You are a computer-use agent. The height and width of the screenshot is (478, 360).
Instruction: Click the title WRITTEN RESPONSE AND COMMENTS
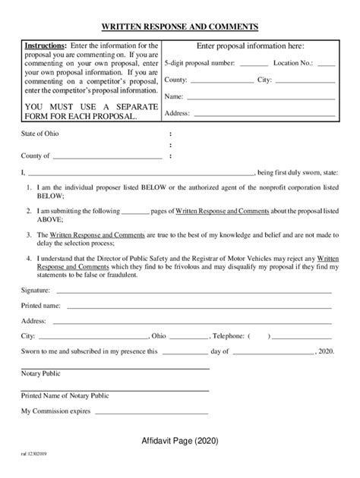tap(180, 27)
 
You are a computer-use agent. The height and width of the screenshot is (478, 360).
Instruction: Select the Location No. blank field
tap(326, 64)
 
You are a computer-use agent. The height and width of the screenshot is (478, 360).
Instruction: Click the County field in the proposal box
tap(219, 80)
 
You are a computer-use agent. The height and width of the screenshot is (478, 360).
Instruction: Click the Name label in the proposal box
tap(174, 96)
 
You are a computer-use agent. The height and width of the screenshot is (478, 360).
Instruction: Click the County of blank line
tap(107, 156)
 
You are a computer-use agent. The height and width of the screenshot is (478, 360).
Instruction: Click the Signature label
tap(36, 290)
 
